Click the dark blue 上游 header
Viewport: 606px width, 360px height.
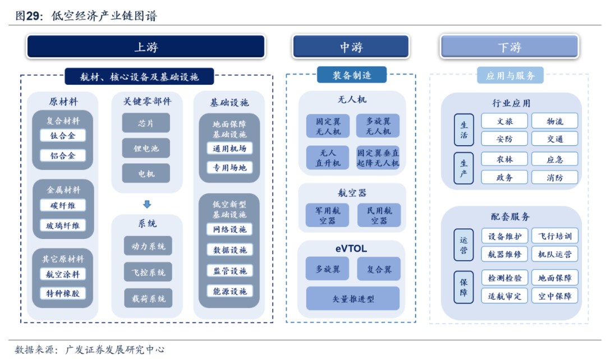point(146,47)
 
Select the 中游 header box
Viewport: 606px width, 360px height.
point(351,47)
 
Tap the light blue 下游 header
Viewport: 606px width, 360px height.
point(509,47)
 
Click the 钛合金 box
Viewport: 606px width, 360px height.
point(63,136)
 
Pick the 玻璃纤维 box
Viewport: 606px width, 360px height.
point(63,225)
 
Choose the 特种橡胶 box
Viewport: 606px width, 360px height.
point(63,294)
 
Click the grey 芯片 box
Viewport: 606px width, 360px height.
point(146,123)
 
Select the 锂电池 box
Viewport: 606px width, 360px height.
point(146,148)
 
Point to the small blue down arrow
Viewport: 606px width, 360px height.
point(147,204)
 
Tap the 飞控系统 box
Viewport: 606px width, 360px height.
point(148,272)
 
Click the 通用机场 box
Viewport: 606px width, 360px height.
point(229,149)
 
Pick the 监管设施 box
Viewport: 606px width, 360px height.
point(229,271)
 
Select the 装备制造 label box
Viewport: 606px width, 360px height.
point(352,75)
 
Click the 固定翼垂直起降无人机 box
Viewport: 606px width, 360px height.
point(378,158)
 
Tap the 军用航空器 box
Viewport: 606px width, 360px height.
point(327,215)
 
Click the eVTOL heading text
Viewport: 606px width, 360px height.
point(351,249)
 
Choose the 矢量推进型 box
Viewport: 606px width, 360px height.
point(353,298)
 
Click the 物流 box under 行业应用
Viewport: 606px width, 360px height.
point(554,121)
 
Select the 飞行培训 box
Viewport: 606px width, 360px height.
point(554,236)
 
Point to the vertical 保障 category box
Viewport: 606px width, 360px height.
point(464,287)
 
